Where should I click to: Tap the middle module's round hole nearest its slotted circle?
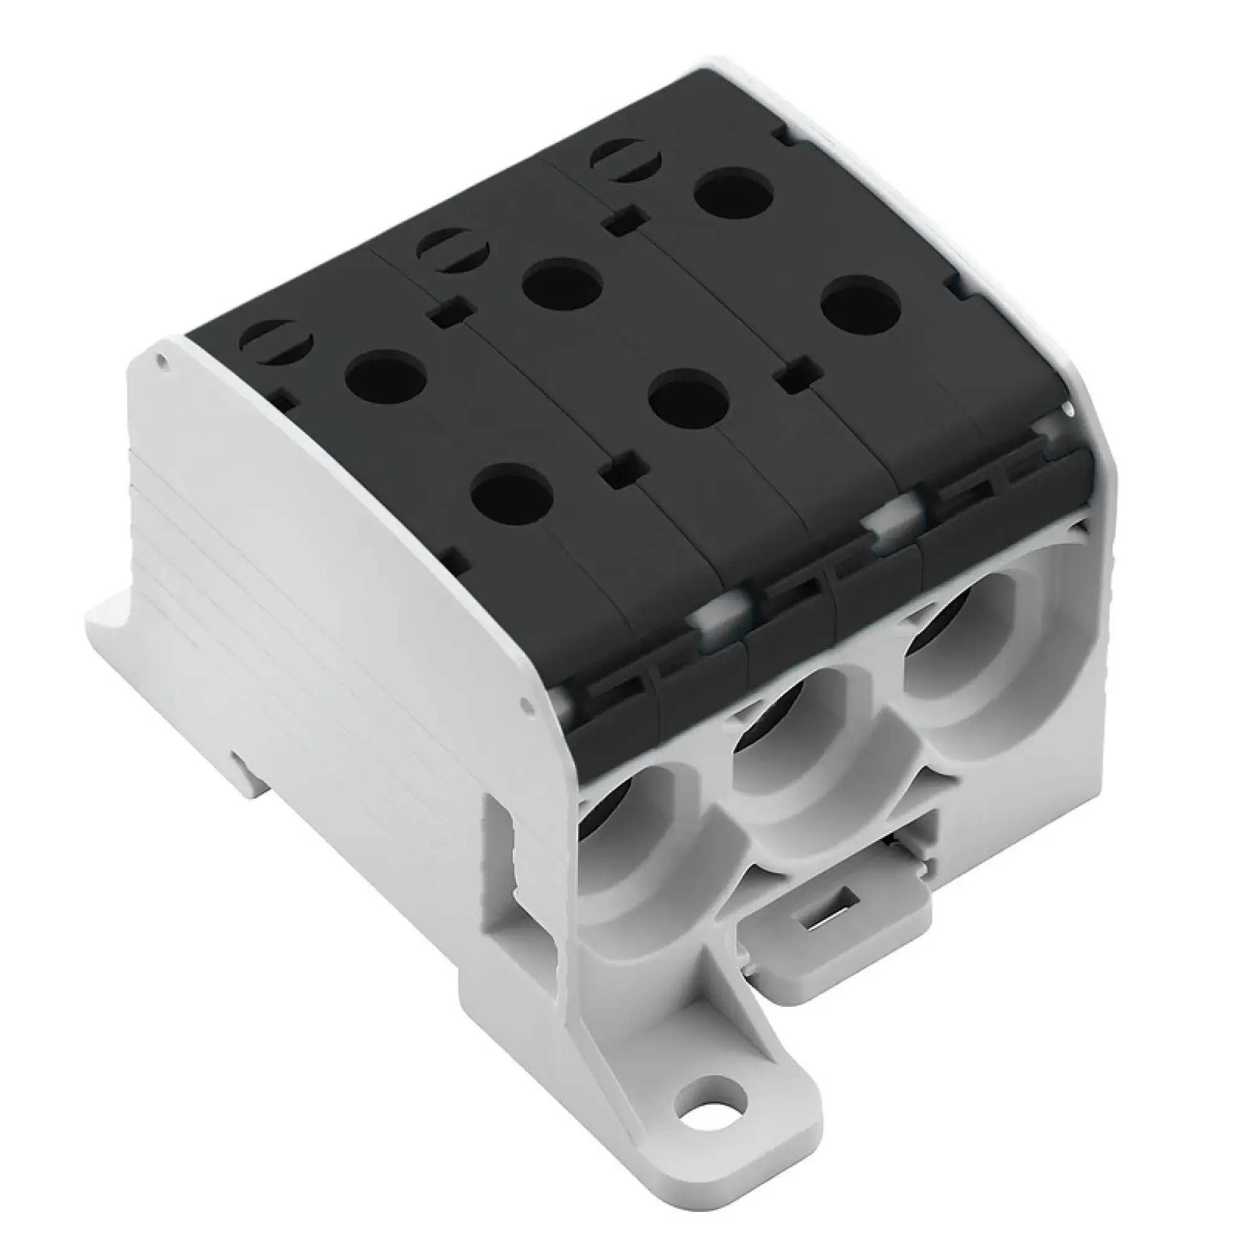[x=562, y=285]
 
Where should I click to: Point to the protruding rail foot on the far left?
[x=119, y=621]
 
